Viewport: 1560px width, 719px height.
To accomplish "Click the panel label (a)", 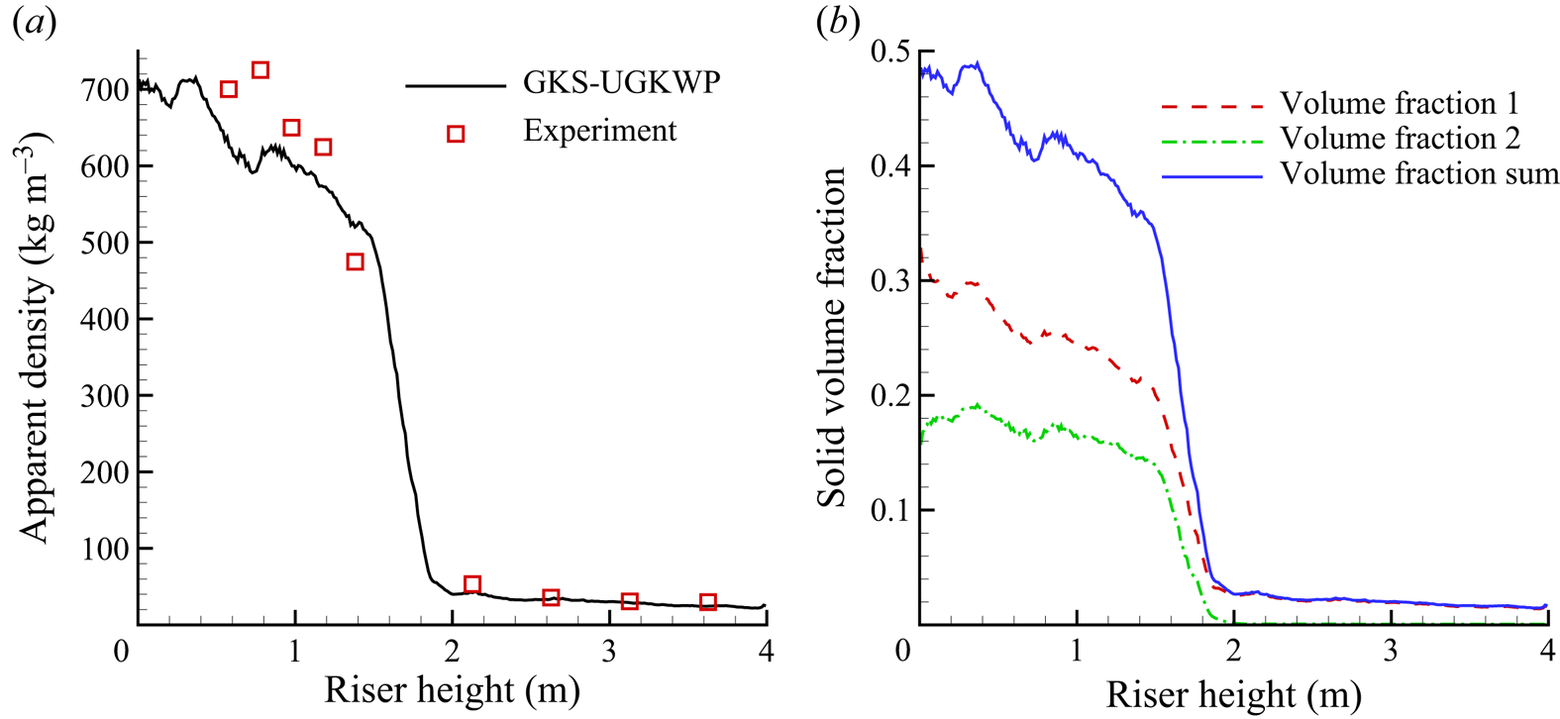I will [35, 23].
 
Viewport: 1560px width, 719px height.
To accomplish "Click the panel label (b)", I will [837, 23].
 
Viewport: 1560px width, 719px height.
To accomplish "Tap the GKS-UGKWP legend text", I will [621, 82].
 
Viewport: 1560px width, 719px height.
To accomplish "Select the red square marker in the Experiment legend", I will [456, 134].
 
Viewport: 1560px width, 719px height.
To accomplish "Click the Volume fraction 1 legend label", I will [1399, 103].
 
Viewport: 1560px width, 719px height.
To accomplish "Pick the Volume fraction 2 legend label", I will [1400, 138].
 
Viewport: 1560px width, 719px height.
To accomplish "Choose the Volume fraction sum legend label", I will [1419, 173].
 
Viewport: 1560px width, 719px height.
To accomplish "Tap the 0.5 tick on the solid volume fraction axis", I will [889, 51].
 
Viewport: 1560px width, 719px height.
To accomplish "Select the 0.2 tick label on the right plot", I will [889, 396].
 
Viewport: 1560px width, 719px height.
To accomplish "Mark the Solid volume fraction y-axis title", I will [832, 337].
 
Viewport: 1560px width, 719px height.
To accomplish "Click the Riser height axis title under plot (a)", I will [452, 690].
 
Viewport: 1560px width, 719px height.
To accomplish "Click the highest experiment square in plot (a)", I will [260, 70].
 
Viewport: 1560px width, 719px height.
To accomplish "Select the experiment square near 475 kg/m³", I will [355, 262].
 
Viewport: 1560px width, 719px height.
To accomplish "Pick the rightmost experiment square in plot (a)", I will [707, 602].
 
